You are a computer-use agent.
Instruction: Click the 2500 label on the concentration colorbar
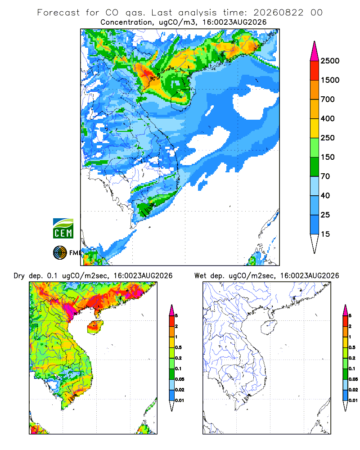[330, 61]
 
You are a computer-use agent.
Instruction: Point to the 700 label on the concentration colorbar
[328, 99]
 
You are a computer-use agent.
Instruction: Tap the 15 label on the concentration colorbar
[325, 234]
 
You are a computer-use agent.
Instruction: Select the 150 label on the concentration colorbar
[328, 157]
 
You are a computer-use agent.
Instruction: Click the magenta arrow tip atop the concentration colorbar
[315, 51]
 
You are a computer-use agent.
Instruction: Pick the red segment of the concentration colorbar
[315, 71]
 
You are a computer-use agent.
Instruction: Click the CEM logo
[63, 229]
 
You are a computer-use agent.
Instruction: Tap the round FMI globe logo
[60, 253]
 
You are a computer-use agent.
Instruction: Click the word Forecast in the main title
[58, 13]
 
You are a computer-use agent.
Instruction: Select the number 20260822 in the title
[278, 13]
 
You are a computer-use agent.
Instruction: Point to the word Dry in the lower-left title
[19, 276]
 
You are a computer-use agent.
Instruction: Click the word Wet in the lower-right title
[200, 276]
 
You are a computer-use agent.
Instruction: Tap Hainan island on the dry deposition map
[95, 327]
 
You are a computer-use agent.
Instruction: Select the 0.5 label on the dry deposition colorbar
[178, 347]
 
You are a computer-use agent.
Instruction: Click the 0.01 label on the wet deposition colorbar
[353, 400]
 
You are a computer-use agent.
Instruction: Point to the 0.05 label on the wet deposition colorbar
[353, 379]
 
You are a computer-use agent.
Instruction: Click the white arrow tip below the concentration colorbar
[315, 244]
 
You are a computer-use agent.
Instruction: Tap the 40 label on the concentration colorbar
[325, 195]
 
